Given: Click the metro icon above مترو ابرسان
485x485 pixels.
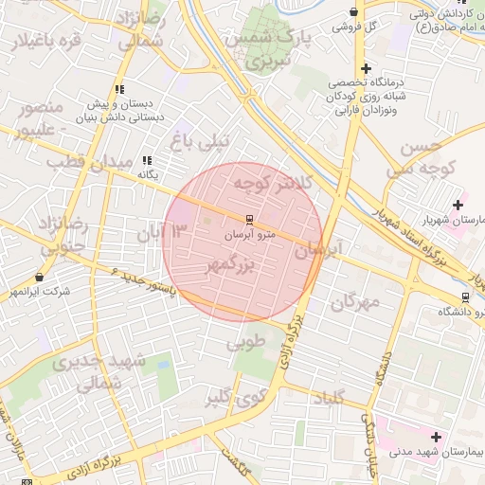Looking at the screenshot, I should coord(250,219).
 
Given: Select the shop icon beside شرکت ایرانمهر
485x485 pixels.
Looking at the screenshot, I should coord(39,277).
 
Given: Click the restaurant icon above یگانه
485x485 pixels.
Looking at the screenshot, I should coord(147,161).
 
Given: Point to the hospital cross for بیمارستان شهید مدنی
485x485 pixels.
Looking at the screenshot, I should coord(436,437).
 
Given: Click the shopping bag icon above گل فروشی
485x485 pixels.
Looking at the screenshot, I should coord(353,12).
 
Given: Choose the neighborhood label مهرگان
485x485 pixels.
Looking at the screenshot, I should coord(354,302).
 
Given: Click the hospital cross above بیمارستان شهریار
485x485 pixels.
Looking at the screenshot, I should coord(458,204).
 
